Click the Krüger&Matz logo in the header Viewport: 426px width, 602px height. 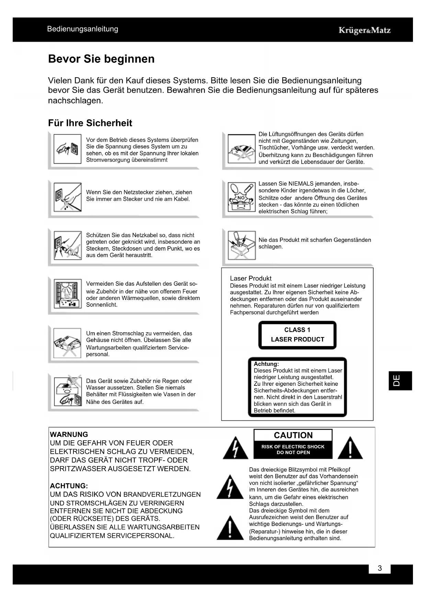(365, 30)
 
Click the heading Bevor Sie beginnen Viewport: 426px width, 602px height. (101, 59)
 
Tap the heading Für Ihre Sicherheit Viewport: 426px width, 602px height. (90, 123)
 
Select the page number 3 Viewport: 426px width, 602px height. (380, 568)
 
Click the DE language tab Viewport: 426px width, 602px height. (400, 381)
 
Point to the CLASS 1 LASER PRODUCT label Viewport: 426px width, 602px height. (297, 335)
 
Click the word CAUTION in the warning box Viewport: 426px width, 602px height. (293, 435)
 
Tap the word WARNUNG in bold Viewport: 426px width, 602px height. (69, 434)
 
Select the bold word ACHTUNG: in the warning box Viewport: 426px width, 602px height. (69, 486)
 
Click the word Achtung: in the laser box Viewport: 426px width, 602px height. (266, 364)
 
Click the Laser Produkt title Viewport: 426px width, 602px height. (251, 278)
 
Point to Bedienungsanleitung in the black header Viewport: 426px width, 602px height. (83, 29)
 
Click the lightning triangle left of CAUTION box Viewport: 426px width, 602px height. (235, 448)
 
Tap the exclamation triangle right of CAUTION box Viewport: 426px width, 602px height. (350, 448)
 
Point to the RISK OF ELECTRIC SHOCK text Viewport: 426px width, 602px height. (293, 447)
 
